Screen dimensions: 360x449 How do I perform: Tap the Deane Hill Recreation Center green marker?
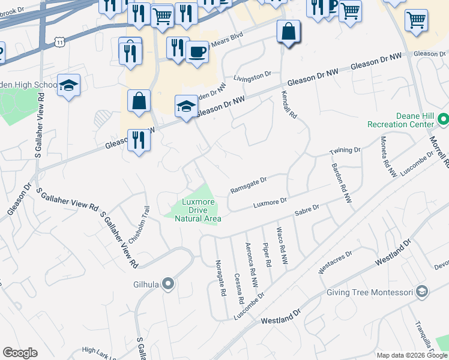(444, 120)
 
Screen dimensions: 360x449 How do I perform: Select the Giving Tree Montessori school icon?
(423, 292)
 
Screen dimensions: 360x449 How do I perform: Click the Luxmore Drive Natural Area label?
(198, 211)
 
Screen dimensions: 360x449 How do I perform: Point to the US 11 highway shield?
(59, 41)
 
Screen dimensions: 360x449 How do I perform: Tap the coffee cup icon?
(197, 52)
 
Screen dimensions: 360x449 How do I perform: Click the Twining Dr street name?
(345, 151)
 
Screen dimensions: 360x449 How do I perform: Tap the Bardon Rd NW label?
(341, 183)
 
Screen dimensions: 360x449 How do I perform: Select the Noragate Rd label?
(220, 278)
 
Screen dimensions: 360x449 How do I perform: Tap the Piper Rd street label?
(267, 255)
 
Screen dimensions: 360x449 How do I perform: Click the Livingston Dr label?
(253, 77)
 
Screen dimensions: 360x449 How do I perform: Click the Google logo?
(20, 353)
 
